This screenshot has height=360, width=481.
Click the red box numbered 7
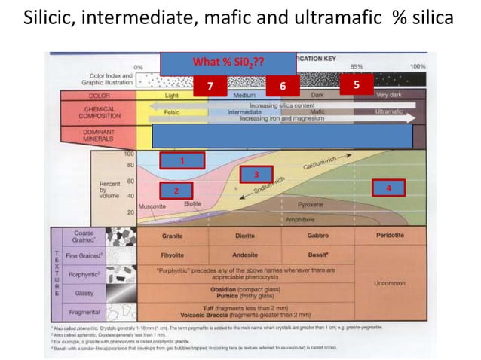click(x=211, y=86)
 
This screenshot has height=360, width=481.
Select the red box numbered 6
click(x=282, y=86)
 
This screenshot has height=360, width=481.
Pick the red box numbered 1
click(x=181, y=160)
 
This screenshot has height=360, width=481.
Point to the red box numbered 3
click(x=256, y=174)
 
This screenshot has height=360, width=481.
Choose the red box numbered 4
click(x=388, y=187)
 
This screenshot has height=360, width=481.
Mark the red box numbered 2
click(x=175, y=191)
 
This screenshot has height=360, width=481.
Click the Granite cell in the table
click(x=173, y=236)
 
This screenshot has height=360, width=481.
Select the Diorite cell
click(x=246, y=236)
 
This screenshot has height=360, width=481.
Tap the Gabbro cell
click(x=317, y=236)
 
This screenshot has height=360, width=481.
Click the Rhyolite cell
click(x=173, y=255)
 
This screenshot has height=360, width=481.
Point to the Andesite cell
click(x=246, y=255)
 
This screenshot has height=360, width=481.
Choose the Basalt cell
click(x=318, y=255)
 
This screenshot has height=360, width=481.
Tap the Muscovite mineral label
click(x=152, y=206)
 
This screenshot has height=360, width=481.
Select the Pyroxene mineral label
click(x=311, y=203)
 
